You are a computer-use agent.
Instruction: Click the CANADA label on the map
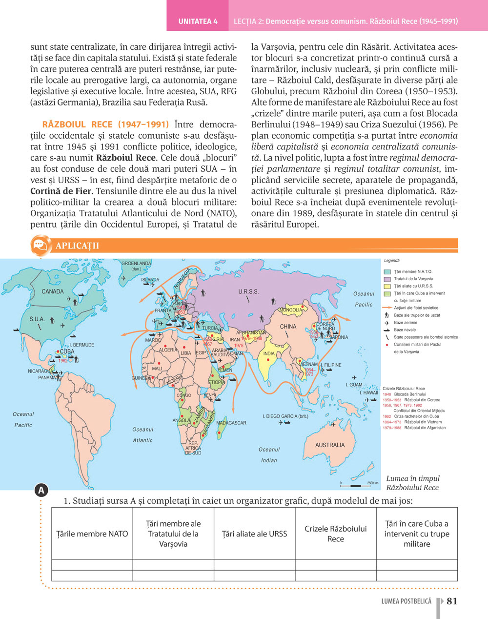53,291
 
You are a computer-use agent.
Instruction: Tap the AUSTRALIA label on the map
330,445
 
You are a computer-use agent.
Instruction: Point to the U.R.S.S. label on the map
248,292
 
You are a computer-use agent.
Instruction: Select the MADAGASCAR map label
231,423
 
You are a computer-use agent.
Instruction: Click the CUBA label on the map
67,351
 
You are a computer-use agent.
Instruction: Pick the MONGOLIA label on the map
291,310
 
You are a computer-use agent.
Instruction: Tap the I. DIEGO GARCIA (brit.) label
285,416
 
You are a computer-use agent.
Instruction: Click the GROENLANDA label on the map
136,264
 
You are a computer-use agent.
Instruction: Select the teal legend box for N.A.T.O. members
387,272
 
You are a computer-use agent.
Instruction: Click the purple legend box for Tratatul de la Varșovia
387,279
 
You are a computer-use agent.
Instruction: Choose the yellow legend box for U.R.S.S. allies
387,287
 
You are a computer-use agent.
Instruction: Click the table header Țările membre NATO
92,534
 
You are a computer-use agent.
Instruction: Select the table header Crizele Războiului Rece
335,534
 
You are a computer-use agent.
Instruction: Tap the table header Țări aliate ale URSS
254,534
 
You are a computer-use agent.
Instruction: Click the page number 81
452,601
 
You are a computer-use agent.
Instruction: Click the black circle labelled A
41,490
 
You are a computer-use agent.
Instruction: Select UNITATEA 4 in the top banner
198,21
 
